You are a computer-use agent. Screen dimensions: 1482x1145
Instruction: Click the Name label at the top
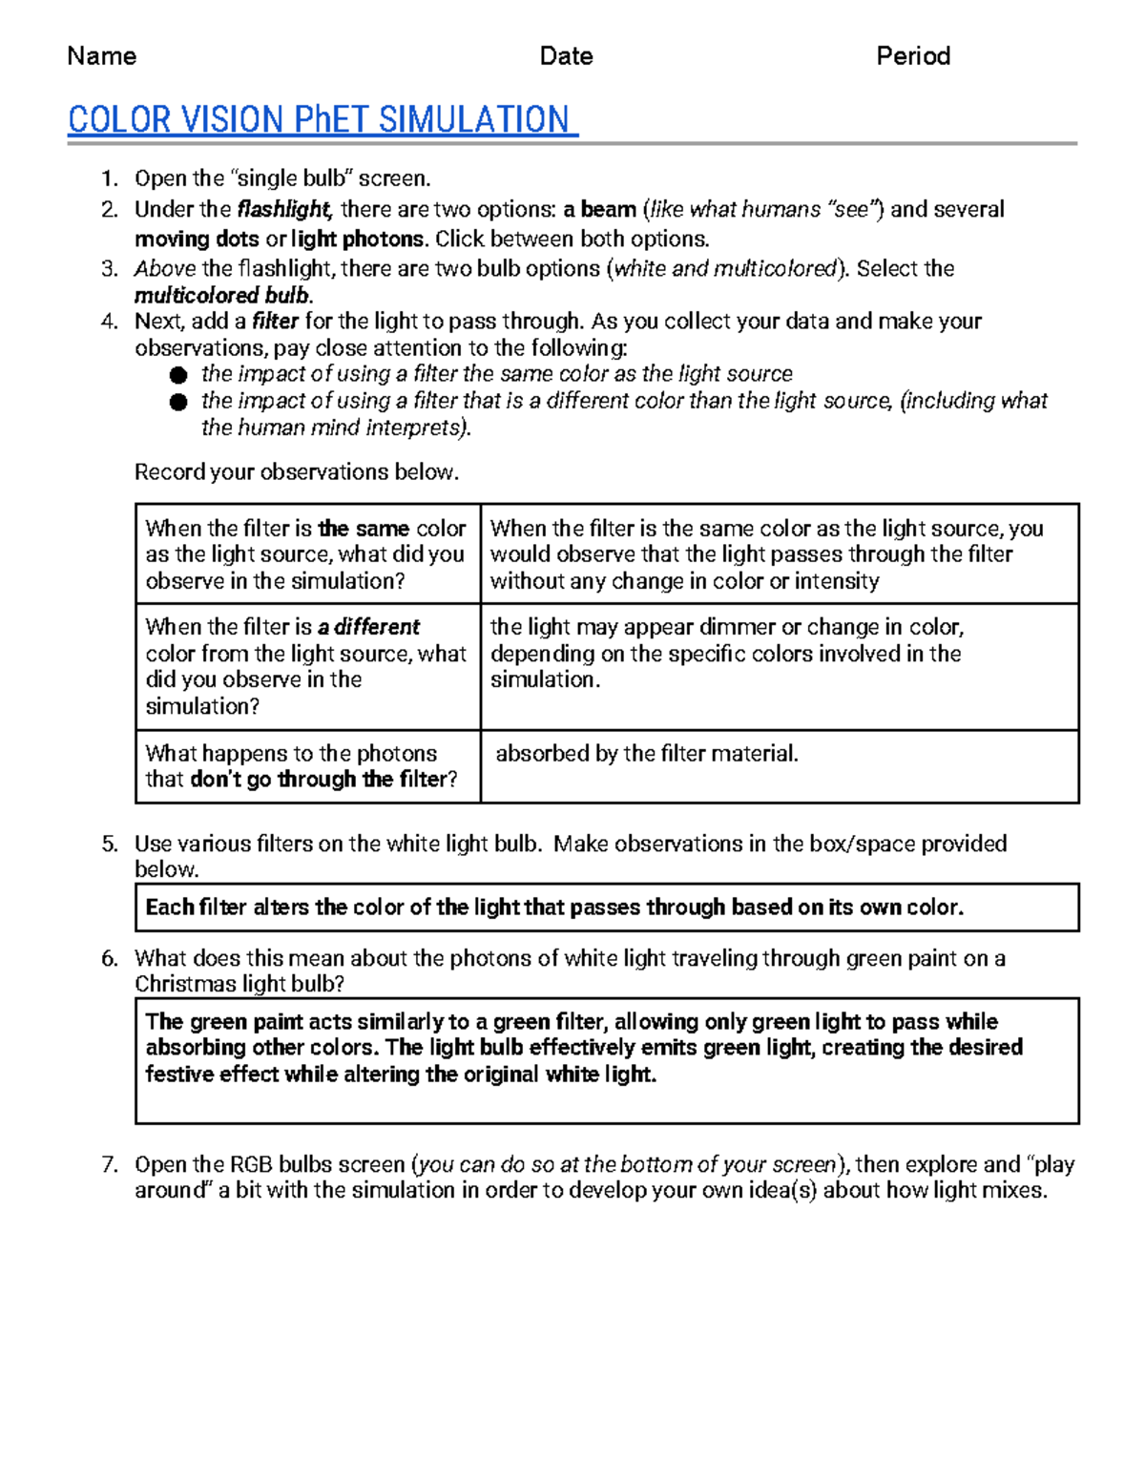click(x=101, y=56)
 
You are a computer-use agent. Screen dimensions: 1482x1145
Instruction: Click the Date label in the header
click(x=566, y=56)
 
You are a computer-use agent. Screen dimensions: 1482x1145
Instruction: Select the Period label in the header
click(x=912, y=56)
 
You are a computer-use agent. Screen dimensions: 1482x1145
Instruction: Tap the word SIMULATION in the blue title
click(x=473, y=120)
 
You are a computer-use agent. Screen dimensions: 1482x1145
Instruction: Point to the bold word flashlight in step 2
click(x=283, y=210)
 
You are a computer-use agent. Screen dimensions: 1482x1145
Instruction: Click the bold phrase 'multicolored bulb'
click(x=223, y=295)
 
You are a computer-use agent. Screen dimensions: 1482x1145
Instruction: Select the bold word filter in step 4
click(x=275, y=322)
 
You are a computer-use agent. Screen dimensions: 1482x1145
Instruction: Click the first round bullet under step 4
click(x=178, y=375)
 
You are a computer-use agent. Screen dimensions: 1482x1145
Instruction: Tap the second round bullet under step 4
click(x=178, y=402)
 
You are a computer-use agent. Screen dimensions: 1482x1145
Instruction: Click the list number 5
click(x=110, y=844)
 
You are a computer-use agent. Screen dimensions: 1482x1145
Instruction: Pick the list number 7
click(x=110, y=1164)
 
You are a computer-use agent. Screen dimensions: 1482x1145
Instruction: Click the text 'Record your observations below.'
click(x=296, y=472)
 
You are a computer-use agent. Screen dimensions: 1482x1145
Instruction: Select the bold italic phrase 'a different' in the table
click(x=368, y=627)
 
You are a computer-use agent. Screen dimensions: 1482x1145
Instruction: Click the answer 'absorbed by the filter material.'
click(x=646, y=754)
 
